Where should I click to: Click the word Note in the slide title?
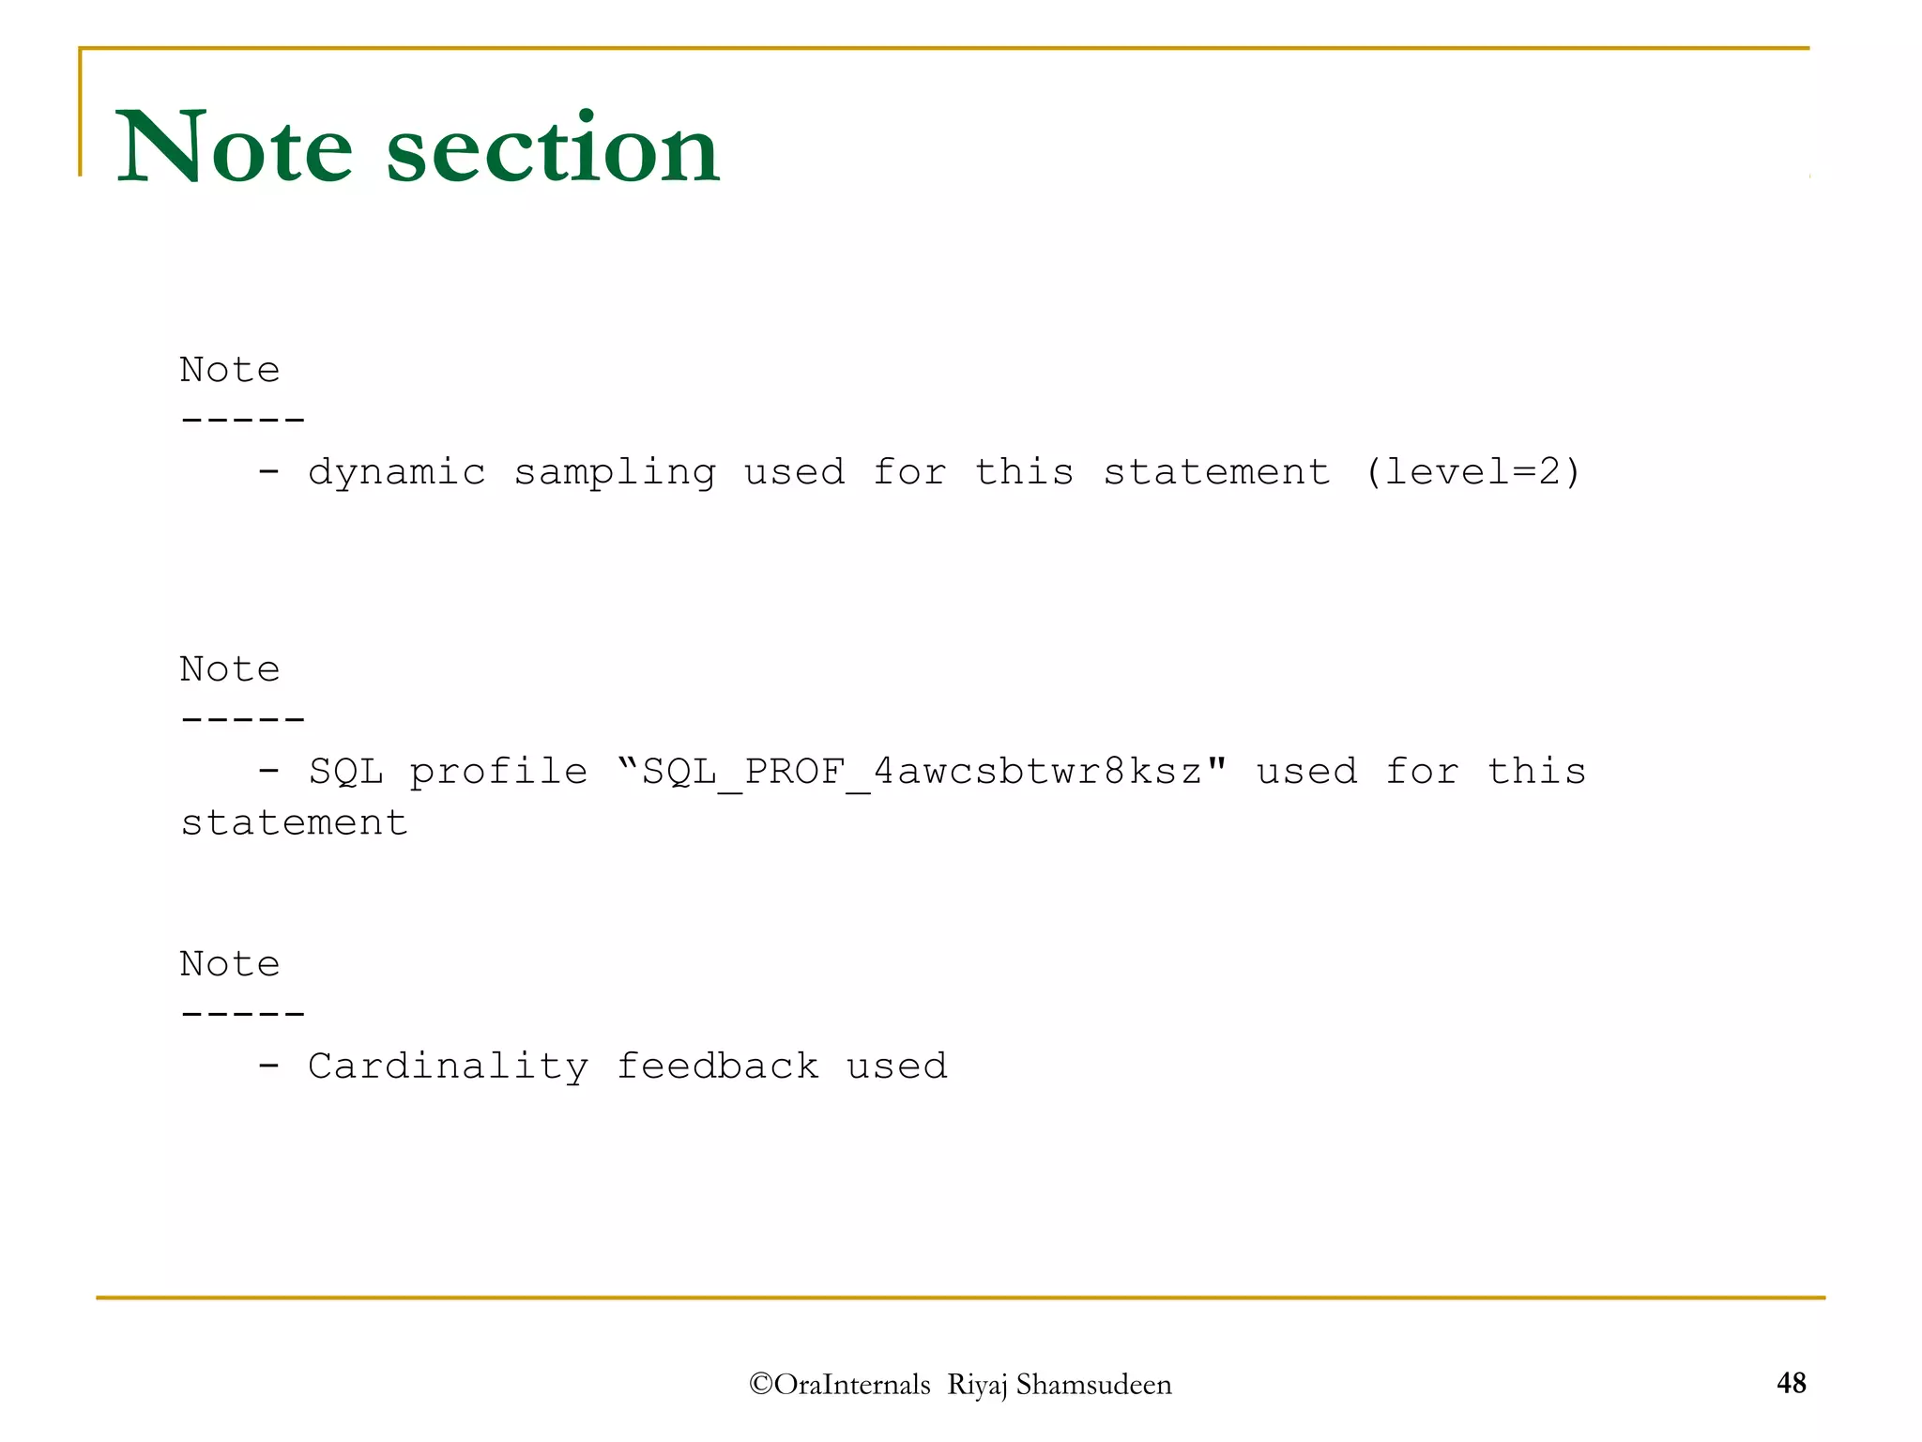click(x=234, y=148)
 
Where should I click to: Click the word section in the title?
click(x=553, y=148)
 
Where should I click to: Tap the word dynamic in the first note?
click(x=397, y=472)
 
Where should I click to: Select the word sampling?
click(x=615, y=472)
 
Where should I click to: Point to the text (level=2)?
click(x=1472, y=472)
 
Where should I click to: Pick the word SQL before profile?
click(x=345, y=773)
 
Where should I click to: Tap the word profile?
click(x=498, y=773)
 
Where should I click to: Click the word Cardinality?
click(x=448, y=1066)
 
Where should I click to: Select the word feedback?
click(x=717, y=1066)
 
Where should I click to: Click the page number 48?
click(x=1791, y=1383)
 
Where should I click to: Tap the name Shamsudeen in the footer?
click(x=1093, y=1385)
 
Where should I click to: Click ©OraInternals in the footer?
click(x=840, y=1385)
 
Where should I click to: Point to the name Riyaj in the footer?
click(x=977, y=1386)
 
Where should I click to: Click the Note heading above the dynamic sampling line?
click(x=230, y=370)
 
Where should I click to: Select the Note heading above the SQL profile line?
click(x=230, y=670)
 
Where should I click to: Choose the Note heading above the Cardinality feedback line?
click(x=230, y=964)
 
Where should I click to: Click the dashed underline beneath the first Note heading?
click(x=242, y=420)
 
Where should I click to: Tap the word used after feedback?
click(x=896, y=1066)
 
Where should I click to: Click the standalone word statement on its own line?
click(x=294, y=824)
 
